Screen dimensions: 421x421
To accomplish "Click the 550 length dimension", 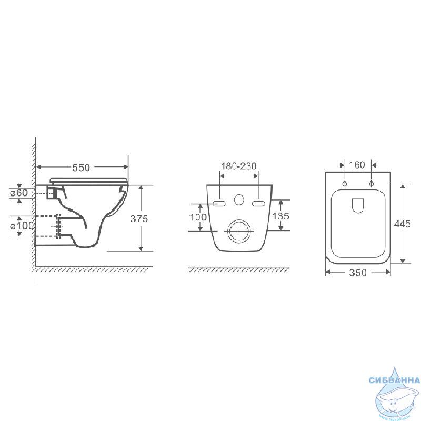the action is coord(81,167).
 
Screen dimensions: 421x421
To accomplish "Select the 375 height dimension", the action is coord(139,218).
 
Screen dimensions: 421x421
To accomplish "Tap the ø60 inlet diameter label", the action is coord(19,193).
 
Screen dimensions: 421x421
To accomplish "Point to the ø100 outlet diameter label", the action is coord(22,226).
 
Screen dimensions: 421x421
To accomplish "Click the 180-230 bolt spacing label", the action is coord(239,166).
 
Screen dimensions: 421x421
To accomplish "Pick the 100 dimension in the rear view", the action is coord(198,217).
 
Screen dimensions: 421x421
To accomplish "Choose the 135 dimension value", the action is coord(281,216).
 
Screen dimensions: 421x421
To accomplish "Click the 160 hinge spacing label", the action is coord(357,165).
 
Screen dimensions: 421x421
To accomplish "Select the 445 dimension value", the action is coord(402,224).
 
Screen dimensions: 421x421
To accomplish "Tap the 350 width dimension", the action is coord(358,273).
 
